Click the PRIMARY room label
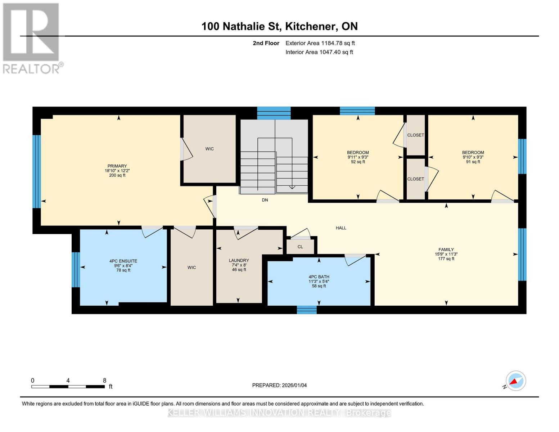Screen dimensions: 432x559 (x=117, y=166)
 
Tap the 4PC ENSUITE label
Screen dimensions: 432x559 (x=123, y=261)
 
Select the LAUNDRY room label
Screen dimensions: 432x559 (x=239, y=260)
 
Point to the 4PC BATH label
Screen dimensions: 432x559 (x=319, y=277)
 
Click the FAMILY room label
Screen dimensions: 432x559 (x=446, y=249)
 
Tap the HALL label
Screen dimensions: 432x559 (x=341, y=228)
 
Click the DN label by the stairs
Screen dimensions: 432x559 (x=265, y=200)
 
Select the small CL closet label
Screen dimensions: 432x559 (x=300, y=247)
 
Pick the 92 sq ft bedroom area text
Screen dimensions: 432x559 (x=358, y=162)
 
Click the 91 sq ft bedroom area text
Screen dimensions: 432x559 (x=473, y=162)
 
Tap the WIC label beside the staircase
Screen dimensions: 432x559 (x=209, y=149)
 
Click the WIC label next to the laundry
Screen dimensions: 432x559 (x=191, y=267)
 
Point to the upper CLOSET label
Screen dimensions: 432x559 (x=415, y=135)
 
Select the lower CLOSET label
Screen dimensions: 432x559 (x=415, y=179)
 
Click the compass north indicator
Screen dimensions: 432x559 (x=515, y=381)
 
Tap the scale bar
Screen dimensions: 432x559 (x=68, y=387)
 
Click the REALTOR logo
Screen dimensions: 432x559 (x=32, y=38)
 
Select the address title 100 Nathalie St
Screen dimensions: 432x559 (x=279, y=26)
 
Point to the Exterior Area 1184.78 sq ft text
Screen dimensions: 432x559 (x=320, y=43)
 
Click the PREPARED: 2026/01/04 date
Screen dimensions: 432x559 (x=279, y=385)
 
